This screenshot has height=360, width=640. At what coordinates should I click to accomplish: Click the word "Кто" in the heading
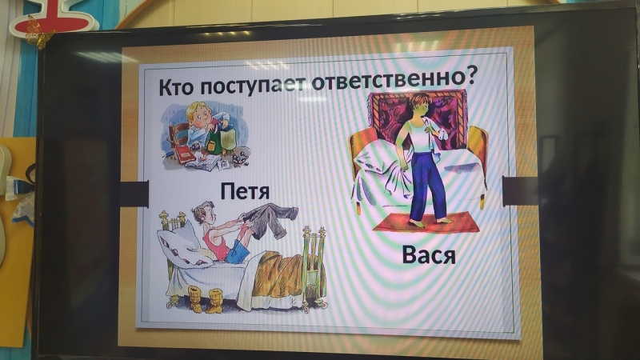coord(175,86)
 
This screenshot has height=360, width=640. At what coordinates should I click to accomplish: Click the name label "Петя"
coord(245,191)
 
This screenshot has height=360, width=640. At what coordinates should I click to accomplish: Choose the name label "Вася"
coord(428,255)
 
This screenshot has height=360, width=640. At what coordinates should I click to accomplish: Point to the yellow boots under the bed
coord(206,299)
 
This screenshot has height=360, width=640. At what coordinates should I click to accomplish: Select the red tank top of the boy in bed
coord(215,244)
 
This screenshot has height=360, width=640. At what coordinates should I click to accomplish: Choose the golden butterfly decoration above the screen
coord(38,33)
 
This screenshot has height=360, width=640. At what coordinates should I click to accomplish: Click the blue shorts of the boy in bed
coord(237,251)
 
